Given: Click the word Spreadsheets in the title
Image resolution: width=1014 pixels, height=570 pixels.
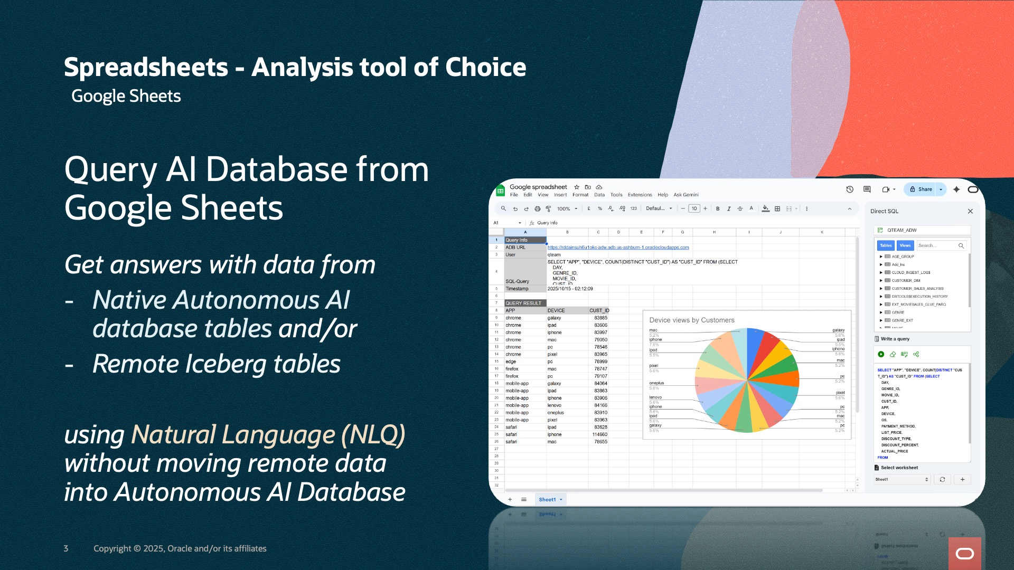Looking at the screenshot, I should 146,68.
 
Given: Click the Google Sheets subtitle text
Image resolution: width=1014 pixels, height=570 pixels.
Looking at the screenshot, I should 126,96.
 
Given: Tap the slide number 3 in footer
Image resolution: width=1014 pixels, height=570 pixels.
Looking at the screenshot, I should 66,548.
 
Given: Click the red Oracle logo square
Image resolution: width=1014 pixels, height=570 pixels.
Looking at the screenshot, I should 964,553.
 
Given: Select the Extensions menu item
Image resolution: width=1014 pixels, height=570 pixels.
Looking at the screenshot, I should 640,195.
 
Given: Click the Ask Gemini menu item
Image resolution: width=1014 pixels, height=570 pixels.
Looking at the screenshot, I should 686,195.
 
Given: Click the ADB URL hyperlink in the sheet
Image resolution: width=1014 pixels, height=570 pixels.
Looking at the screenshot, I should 618,248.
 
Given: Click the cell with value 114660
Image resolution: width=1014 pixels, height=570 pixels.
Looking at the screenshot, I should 599,435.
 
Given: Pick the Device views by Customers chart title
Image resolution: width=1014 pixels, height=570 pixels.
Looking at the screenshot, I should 691,320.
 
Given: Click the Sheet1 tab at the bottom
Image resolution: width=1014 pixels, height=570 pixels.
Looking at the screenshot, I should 547,500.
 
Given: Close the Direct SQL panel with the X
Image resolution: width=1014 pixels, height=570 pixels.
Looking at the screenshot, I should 970,211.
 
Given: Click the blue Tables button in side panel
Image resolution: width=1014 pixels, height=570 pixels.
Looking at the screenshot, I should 886,245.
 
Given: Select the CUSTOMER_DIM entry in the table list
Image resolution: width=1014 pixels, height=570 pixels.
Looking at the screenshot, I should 905,281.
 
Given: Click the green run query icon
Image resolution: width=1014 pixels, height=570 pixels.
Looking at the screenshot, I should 881,354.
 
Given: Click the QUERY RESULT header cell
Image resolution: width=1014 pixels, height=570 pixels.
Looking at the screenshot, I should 523,303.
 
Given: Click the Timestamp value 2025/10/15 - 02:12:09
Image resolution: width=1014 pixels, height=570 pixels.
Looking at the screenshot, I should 570,289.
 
